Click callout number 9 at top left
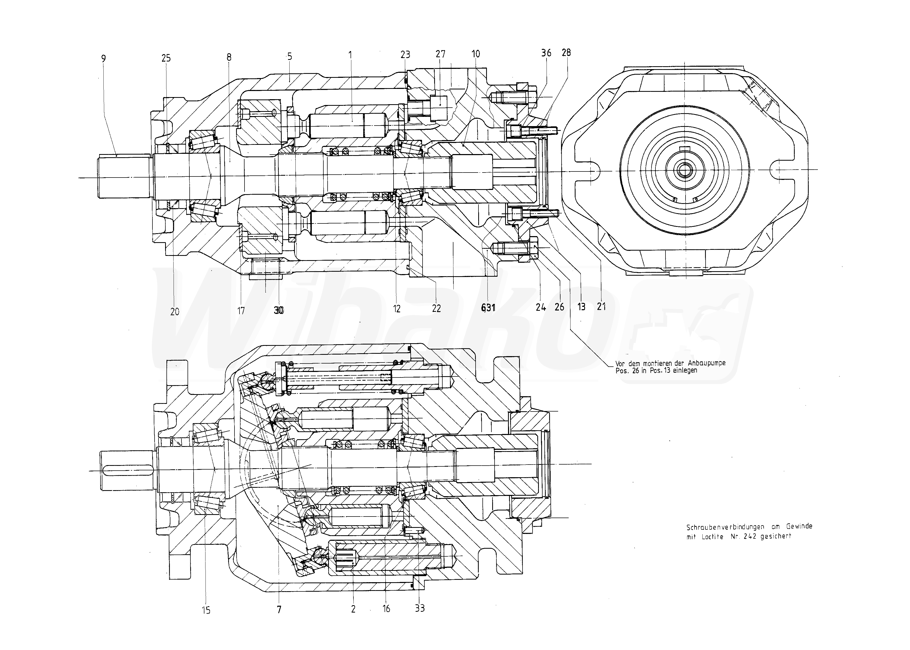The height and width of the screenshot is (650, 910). pos(104,59)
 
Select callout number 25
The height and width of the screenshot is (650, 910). pos(166,59)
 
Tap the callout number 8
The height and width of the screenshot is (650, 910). pos(229,57)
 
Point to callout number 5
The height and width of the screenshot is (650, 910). pos(289,56)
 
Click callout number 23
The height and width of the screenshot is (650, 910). pos(405,54)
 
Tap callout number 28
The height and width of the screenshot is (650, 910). pos(566,52)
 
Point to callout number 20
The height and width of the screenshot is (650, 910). pos(175,311)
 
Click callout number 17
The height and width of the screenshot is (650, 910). pos(241,310)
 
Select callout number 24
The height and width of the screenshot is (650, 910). pos(541,307)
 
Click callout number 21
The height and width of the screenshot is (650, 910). pos(601,307)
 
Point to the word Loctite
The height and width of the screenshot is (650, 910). pos(712,537)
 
